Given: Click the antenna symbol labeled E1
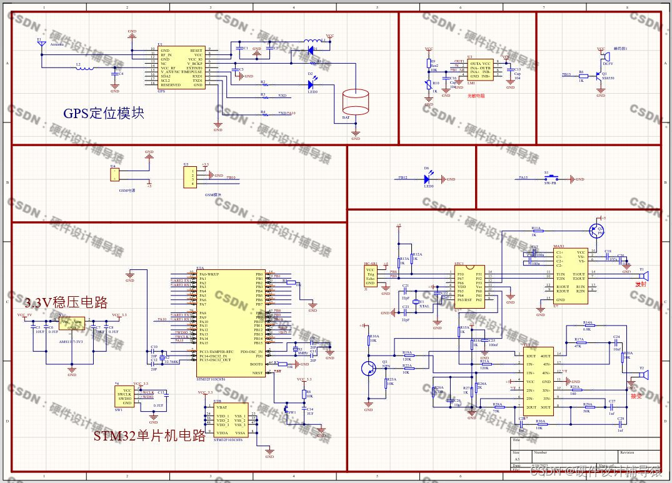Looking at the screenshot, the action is (41, 45).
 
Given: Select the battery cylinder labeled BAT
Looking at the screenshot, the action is (356, 103).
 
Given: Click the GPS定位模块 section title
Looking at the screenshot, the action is (104, 114).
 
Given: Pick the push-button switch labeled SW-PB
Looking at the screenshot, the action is (546, 179).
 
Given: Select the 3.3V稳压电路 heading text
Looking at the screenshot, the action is (66, 303).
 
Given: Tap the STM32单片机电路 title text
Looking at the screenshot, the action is (149, 436).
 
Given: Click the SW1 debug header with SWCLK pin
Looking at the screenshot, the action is (124, 396).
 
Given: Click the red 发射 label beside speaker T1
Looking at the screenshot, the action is (640, 284).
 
